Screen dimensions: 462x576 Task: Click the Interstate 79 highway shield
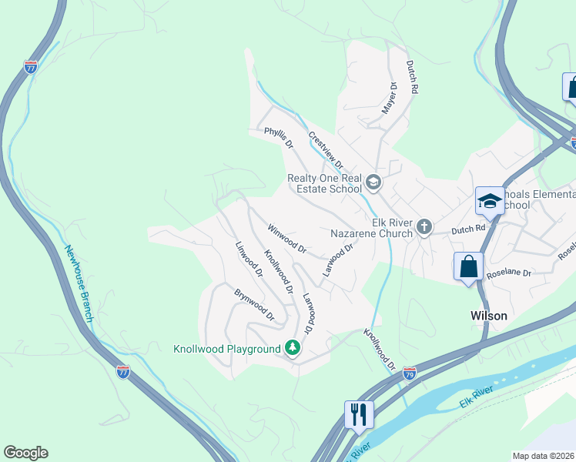pyautogui.click(x=410, y=373)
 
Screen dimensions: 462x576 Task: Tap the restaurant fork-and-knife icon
pyautogui.click(x=359, y=413)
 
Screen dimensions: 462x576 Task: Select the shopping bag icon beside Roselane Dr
pyautogui.click(x=468, y=267)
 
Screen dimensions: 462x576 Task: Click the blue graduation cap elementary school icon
pyautogui.click(x=489, y=201)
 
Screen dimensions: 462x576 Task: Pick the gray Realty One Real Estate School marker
pyautogui.click(x=373, y=182)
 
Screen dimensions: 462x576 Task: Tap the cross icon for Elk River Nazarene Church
pyautogui.click(x=424, y=226)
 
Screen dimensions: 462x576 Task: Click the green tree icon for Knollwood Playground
pyautogui.click(x=292, y=349)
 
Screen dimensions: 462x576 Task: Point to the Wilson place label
pyautogui.click(x=489, y=316)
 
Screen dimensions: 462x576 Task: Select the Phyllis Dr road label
pyautogui.click(x=279, y=139)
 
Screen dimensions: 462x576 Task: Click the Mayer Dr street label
pyautogui.click(x=389, y=99)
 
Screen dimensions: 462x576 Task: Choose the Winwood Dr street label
pyautogui.click(x=287, y=239)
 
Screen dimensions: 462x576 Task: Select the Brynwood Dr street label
pyautogui.click(x=255, y=304)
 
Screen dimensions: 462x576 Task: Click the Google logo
pyautogui.click(x=25, y=453)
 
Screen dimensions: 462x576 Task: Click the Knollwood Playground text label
pyautogui.click(x=226, y=349)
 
